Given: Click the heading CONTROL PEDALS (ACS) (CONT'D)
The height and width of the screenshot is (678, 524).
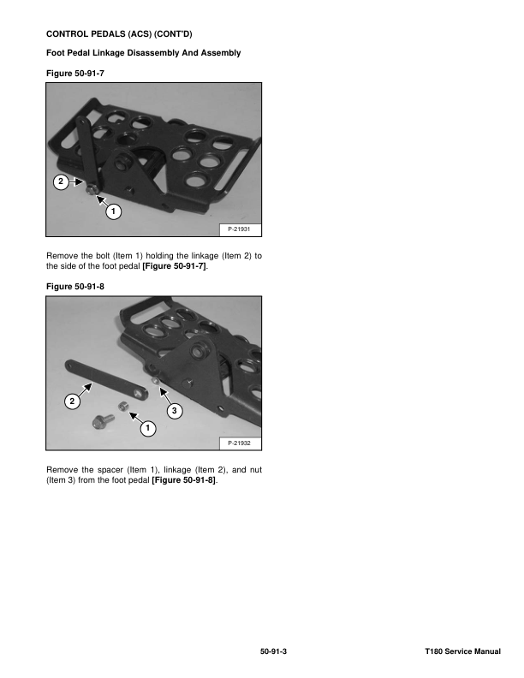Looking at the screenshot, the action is click(119, 33).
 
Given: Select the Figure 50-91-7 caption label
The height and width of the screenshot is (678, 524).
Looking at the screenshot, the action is click(75, 73).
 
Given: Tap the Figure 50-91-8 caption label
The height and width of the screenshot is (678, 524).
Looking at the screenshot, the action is click(75, 286).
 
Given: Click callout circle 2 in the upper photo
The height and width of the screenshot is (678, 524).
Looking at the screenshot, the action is click(61, 181).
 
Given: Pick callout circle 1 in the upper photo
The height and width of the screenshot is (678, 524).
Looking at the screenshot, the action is click(113, 211).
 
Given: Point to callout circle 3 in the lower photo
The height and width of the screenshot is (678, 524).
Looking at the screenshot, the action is click(174, 410).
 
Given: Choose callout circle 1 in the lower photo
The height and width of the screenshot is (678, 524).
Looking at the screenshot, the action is click(148, 428).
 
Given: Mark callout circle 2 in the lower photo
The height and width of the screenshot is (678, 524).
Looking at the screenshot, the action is click(72, 401).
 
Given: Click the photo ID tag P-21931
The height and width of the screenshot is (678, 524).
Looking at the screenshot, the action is click(239, 229).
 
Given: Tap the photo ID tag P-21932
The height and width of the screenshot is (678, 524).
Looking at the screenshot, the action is click(239, 443).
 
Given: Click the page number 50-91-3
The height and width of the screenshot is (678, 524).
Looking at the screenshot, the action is click(273, 651).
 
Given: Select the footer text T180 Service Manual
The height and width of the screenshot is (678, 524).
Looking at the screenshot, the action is click(462, 651).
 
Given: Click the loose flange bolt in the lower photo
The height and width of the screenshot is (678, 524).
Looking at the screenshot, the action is click(103, 420).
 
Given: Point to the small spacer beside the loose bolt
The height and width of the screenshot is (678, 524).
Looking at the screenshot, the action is click(124, 407).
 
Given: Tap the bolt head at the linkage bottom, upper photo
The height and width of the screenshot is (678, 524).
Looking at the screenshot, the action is click(92, 189).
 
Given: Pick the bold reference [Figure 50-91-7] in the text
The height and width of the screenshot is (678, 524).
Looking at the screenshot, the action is click(174, 266).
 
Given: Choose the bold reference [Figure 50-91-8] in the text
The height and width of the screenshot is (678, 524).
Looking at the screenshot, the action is click(184, 480).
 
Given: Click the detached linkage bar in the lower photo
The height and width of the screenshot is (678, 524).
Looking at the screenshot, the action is click(106, 379).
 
